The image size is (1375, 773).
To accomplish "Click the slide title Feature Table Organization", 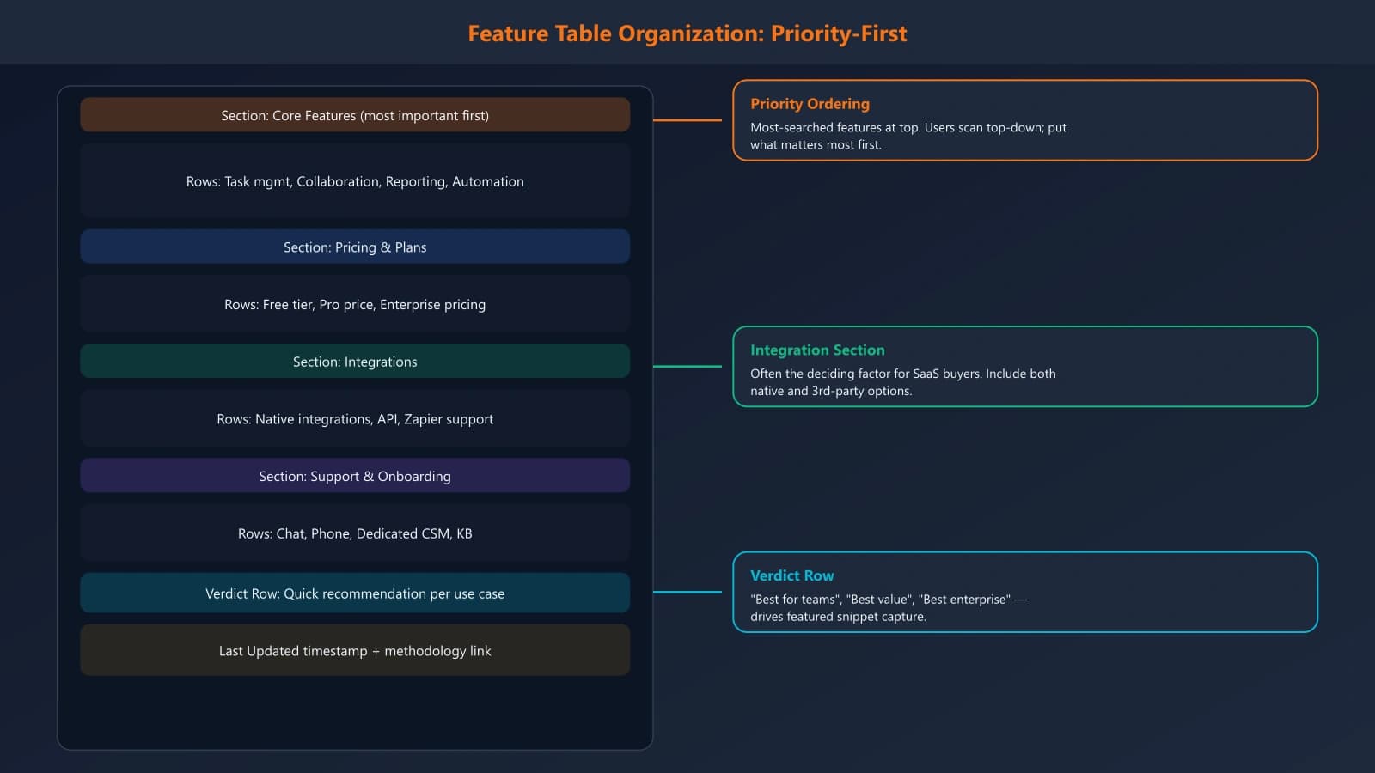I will pyautogui.click(x=687, y=33).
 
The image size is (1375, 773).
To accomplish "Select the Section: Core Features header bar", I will pyautogui.click(x=354, y=115).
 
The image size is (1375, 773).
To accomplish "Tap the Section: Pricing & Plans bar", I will pyautogui.click(x=354, y=247).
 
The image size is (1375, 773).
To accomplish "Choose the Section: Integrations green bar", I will pyautogui.click(x=354, y=362).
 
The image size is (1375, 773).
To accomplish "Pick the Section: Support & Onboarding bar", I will pyautogui.click(x=354, y=476).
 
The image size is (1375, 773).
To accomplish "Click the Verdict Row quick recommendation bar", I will pyautogui.click(x=354, y=593).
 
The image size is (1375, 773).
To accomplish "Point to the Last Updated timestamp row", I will pyautogui.click(x=354, y=651).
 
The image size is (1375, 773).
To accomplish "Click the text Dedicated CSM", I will pyautogui.click(x=402, y=533).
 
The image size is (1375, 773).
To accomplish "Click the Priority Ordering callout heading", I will pyautogui.click(x=810, y=104).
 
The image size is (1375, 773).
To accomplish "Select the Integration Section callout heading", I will pyautogui.click(x=817, y=350).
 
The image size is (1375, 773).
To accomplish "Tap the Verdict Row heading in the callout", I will pyautogui.click(x=791, y=575).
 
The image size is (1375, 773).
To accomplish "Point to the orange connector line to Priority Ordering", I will pyautogui.click(x=687, y=120).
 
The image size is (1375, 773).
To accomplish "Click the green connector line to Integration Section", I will pyautogui.click(x=687, y=367).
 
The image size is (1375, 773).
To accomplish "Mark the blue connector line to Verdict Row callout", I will pyautogui.click(x=687, y=592).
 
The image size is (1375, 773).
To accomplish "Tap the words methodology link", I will pyautogui.click(x=437, y=651).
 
